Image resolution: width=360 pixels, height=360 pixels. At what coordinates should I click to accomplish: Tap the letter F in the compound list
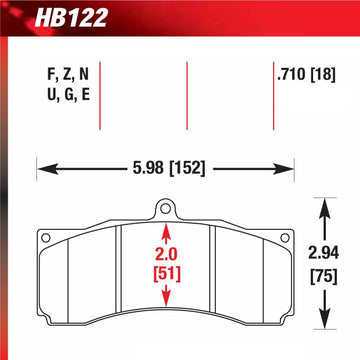(50, 73)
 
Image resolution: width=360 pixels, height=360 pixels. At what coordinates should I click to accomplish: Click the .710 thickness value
(291, 73)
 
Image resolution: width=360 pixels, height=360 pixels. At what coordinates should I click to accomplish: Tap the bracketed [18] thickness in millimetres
(324, 73)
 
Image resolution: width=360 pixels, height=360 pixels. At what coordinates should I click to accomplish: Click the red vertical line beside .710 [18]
(271, 95)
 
